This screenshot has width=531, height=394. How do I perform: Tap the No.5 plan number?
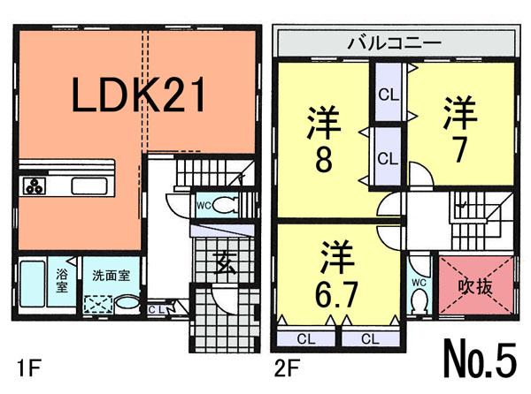tap(478, 359)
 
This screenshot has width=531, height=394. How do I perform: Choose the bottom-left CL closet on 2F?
tap(303, 337)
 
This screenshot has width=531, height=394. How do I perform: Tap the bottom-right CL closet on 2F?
tap(368, 337)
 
